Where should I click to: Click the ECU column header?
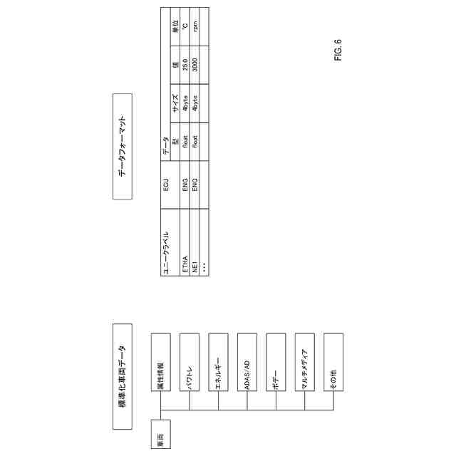coord(169,187)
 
